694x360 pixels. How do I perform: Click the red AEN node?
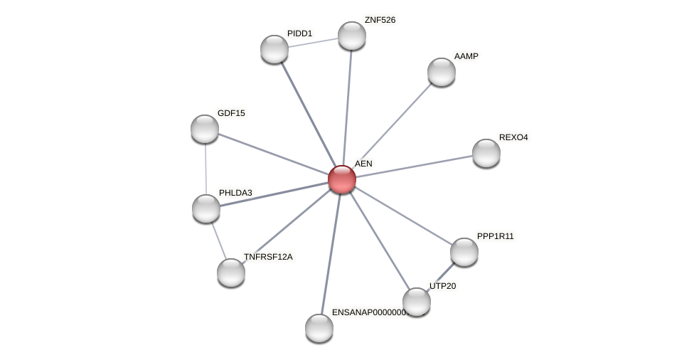click(x=341, y=179)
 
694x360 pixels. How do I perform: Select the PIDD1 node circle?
click(x=274, y=49)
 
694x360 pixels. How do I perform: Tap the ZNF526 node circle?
click(x=351, y=36)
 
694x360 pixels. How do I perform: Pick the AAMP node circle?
click(x=441, y=72)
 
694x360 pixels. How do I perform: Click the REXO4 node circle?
click(x=486, y=153)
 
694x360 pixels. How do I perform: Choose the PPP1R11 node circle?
click(x=464, y=252)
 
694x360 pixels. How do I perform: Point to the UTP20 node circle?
click(x=416, y=302)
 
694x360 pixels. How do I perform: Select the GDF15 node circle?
click(x=205, y=129)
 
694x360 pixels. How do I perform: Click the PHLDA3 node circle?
click(x=206, y=208)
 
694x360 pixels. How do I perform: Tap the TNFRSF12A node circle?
click(x=231, y=272)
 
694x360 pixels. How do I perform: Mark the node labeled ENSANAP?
click(x=319, y=328)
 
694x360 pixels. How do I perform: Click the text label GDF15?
click(x=231, y=113)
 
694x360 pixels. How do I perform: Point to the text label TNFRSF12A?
click(x=268, y=257)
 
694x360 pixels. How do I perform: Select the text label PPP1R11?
click(x=495, y=236)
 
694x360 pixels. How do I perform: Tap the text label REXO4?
click(x=513, y=137)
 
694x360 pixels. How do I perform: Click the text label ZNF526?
click(x=380, y=20)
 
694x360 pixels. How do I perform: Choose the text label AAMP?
click(x=466, y=56)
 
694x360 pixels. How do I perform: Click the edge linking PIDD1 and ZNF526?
click(x=313, y=43)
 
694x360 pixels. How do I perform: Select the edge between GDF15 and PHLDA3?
click(x=205, y=169)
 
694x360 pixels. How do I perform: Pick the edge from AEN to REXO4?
click(x=414, y=166)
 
